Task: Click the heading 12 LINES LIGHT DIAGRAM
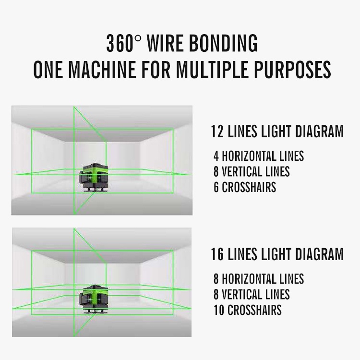pos(277,132)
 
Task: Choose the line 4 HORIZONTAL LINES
pos(259,156)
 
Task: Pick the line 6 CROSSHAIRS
pos(245,187)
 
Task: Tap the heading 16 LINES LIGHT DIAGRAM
pos(277,254)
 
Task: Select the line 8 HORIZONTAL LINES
pos(259,278)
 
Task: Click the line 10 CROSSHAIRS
pos(248,310)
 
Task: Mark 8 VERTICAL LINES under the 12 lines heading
pos(252,171)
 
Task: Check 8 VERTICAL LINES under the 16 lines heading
pos(252,294)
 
